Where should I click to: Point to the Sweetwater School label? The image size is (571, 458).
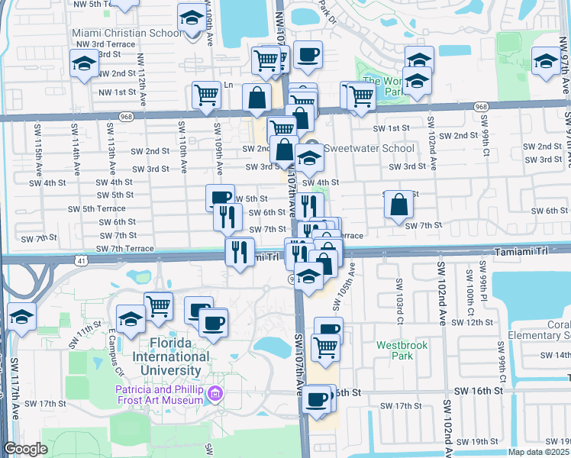(x=369, y=149)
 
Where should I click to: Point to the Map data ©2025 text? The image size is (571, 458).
(x=537, y=452)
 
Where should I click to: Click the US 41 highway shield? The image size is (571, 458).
(x=80, y=261)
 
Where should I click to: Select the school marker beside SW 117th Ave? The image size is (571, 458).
(x=21, y=318)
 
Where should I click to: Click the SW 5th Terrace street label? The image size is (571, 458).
(x=96, y=208)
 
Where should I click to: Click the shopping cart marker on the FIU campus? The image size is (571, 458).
(x=158, y=306)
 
